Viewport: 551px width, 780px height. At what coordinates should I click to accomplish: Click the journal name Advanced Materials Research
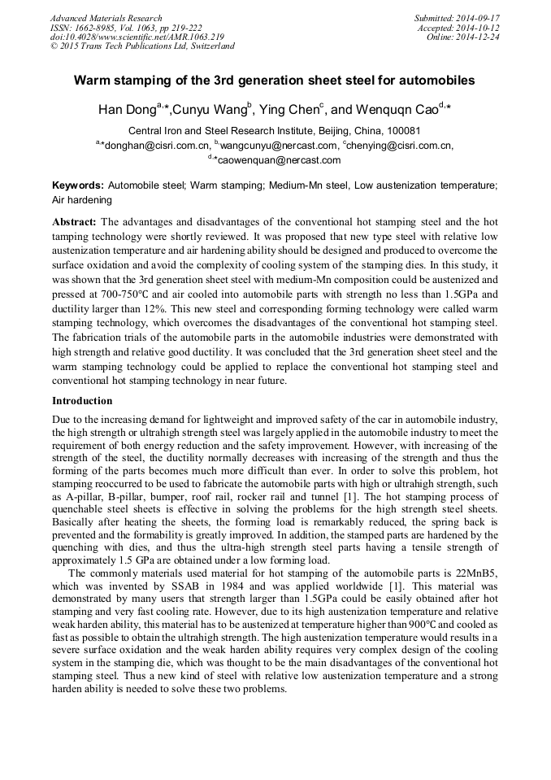click(x=106, y=18)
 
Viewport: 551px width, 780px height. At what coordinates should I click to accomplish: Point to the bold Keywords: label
click(x=78, y=185)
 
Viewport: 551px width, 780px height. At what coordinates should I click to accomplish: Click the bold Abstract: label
click(x=75, y=222)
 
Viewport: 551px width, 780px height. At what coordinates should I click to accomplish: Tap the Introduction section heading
click(x=82, y=401)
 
